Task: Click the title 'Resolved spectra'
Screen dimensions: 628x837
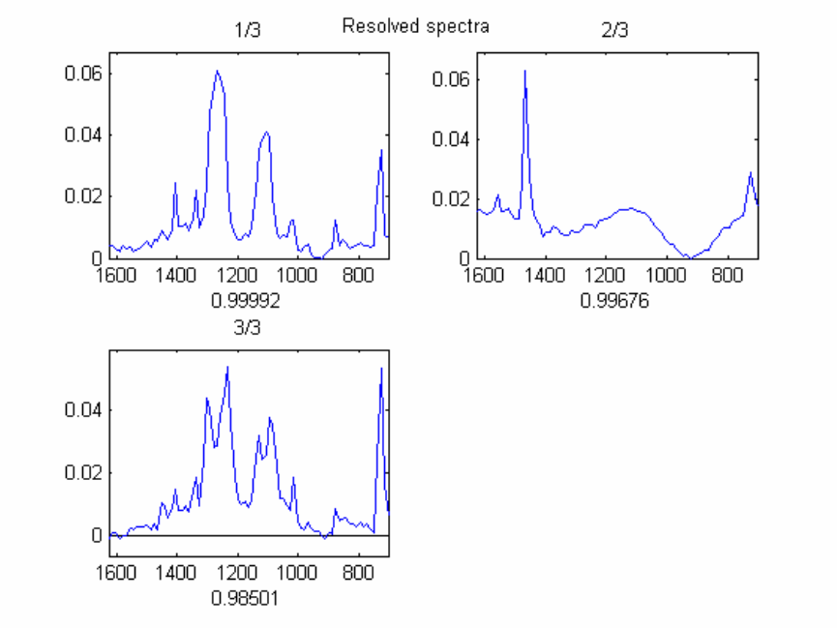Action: point(415,26)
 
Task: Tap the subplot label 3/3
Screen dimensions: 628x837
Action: point(249,329)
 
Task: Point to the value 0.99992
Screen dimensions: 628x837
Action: point(246,301)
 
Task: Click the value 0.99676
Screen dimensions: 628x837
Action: point(613,301)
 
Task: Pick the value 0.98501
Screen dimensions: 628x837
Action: point(246,598)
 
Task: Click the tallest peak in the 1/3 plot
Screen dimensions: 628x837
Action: point(218,72)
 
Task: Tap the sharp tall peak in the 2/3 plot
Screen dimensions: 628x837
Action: point(524,71)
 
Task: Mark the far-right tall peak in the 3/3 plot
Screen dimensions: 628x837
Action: point(381,369)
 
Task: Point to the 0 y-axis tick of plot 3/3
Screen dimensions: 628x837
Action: point(96,535)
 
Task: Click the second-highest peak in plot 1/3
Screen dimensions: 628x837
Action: point(266,133)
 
